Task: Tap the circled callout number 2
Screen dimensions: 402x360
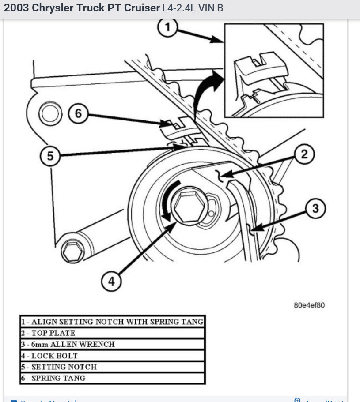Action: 304,154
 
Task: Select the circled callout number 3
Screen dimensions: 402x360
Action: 315,208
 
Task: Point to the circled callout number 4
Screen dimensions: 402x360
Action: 111,281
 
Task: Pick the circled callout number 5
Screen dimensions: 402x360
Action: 50,156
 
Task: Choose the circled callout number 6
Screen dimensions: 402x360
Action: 78,113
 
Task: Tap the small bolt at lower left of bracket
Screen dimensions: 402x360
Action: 72,252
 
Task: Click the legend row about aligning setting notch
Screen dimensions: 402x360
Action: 112,322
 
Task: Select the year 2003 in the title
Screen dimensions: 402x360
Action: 16,8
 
